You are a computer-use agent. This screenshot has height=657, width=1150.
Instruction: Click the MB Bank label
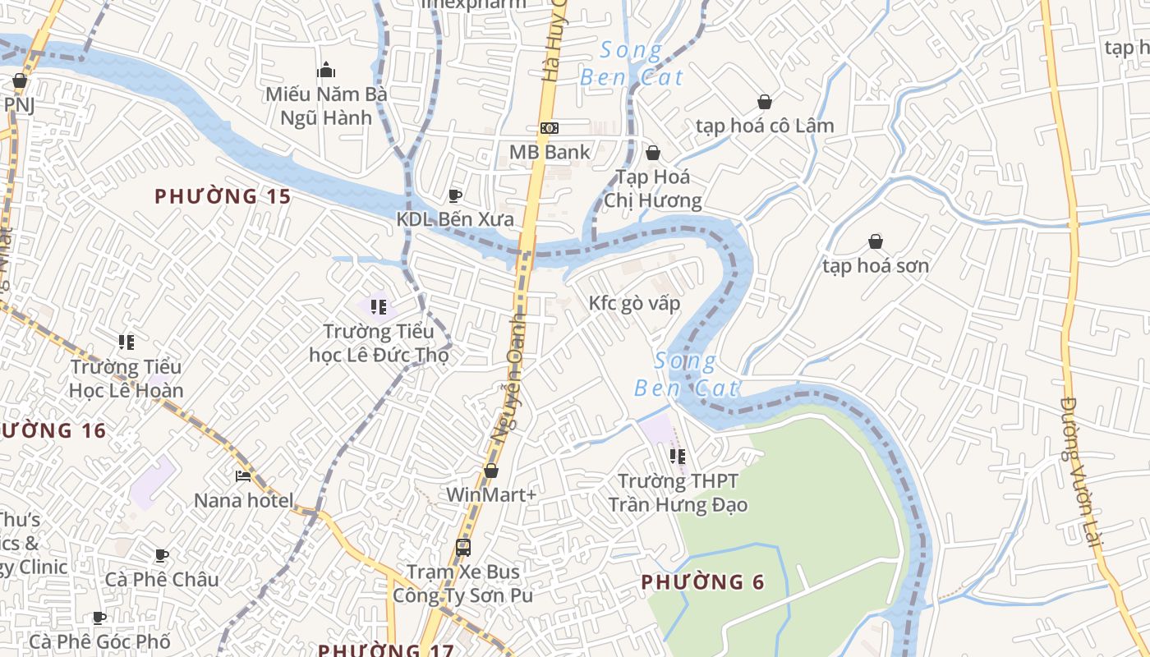coord(550,152)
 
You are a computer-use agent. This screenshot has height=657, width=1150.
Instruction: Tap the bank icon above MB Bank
coord(549,128)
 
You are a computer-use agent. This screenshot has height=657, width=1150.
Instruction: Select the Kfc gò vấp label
coord(634,303)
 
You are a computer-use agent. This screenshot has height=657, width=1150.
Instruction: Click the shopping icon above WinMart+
coord(491,471)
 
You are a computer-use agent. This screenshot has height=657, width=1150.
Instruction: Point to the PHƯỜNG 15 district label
coord(223,196)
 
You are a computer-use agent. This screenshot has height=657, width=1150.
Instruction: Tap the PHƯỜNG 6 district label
coord(702,582)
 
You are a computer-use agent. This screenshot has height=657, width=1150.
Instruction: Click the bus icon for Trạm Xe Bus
coord(463,547)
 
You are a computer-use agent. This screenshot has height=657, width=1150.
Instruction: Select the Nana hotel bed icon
coord(243,476)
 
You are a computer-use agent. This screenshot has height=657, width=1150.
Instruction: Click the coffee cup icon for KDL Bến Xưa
coord(455,195)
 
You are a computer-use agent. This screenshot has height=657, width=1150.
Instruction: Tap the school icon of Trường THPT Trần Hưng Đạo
coord(678,456)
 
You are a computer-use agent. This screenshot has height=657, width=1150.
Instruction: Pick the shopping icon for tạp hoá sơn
coord(876,241)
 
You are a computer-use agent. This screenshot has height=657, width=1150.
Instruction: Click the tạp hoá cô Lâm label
coord(764,126)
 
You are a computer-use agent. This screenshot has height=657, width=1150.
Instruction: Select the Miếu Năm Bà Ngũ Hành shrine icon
coord(326,70)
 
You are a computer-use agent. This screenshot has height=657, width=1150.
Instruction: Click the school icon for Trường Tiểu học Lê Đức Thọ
coord(379,307)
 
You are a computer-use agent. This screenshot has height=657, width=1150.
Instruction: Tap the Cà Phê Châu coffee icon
coord(162,556)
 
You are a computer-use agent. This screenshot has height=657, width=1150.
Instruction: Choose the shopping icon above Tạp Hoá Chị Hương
coord(653,153)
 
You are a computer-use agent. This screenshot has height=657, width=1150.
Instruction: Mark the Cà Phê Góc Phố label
coord(99,641)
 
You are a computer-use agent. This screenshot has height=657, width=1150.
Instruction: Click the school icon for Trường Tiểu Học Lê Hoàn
coord(126,342)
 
